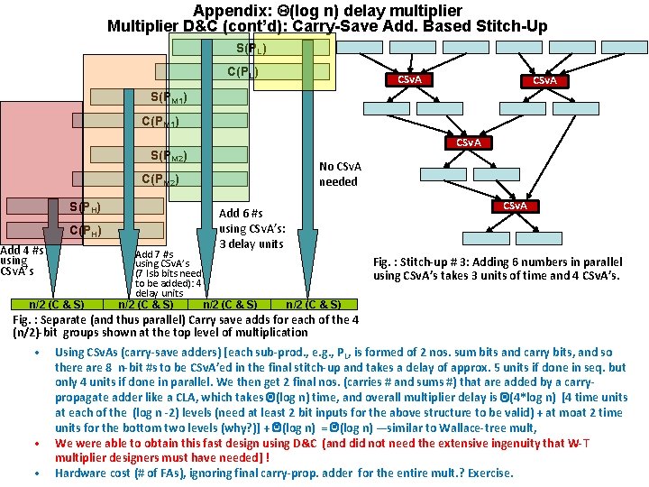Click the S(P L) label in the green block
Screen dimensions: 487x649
tap(251, 48)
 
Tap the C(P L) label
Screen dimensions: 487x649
tap(242, 71)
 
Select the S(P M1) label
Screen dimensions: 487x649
tap(169, 96)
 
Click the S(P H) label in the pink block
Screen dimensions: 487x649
tap(85, 208)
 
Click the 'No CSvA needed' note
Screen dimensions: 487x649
tap(339, 174)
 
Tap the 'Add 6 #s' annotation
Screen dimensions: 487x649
tap(242, 214)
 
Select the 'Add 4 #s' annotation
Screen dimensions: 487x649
tap(23, 250)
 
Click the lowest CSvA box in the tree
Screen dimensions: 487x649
tap(514, 207)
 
